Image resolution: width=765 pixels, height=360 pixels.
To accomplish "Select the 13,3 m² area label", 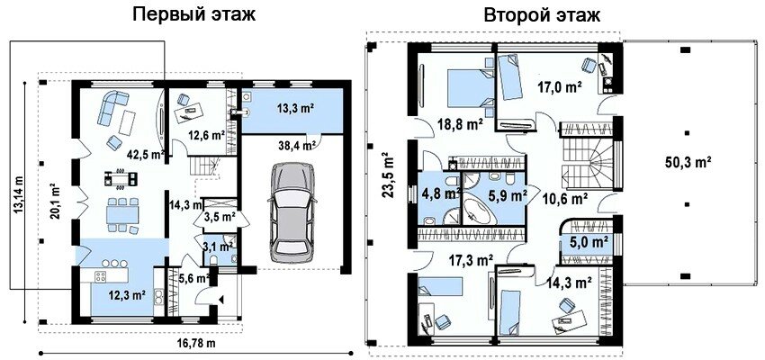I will (295, 109).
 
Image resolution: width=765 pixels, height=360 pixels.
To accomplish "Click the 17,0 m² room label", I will (559, 88).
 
